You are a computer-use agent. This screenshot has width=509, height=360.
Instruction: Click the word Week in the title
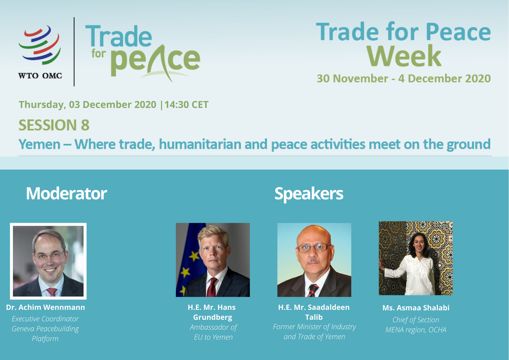(x=404, y=56)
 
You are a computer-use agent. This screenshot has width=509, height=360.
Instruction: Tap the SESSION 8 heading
(x=54, y=125)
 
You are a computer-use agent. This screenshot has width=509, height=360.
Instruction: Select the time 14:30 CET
(x=186, y=105)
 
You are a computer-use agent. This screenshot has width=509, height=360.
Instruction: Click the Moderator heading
(x=66, y=193)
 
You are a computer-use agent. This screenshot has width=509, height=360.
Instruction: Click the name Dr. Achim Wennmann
(x=46, y=307)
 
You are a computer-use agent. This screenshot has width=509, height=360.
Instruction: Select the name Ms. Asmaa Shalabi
(x=416, y=308)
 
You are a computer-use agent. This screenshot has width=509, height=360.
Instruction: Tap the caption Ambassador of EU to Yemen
(x=213, y=332)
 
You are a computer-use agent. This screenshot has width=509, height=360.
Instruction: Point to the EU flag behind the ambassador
(x=190, y=258)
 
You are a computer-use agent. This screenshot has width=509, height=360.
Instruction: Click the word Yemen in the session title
(x=39, y=145)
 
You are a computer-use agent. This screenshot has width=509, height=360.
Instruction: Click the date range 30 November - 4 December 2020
(x=404, y=78)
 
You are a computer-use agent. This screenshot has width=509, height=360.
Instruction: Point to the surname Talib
(x=314, y=317)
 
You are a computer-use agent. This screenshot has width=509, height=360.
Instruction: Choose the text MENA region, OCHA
(x=416, y=330)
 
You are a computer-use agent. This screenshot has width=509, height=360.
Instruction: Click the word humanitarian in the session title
(x=200, y=144)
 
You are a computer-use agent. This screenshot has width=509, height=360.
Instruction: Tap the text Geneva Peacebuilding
(x=45, y=329)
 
